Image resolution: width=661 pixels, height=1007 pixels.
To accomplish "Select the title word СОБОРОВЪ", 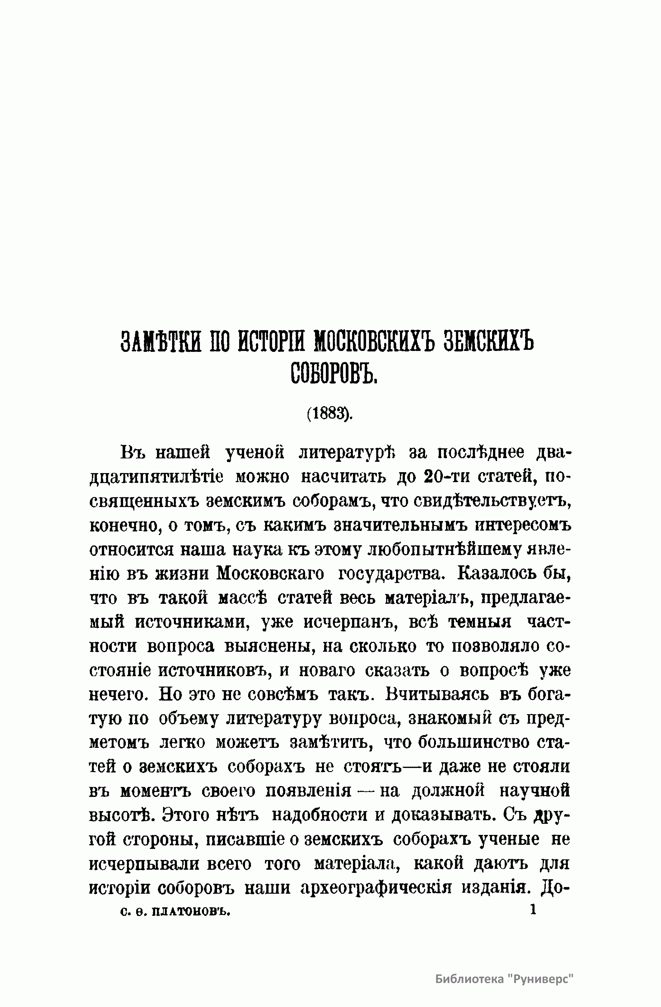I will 334,372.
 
